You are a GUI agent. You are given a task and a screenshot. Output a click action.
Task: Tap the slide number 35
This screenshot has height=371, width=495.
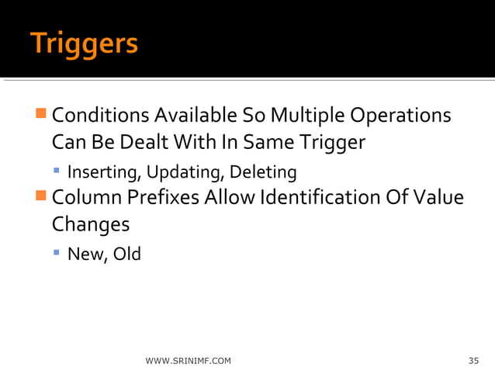473,361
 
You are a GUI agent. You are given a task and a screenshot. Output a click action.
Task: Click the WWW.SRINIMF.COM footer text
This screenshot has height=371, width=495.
188,361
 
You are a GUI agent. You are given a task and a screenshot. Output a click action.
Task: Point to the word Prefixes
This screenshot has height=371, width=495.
162,198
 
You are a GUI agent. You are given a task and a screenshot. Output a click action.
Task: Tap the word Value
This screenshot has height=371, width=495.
440,198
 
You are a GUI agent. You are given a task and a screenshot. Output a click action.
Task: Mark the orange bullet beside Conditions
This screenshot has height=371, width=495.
42,116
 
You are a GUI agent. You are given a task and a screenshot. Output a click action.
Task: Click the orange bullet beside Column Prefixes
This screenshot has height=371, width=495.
42,197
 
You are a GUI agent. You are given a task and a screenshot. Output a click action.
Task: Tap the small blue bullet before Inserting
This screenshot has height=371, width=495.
57,170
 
